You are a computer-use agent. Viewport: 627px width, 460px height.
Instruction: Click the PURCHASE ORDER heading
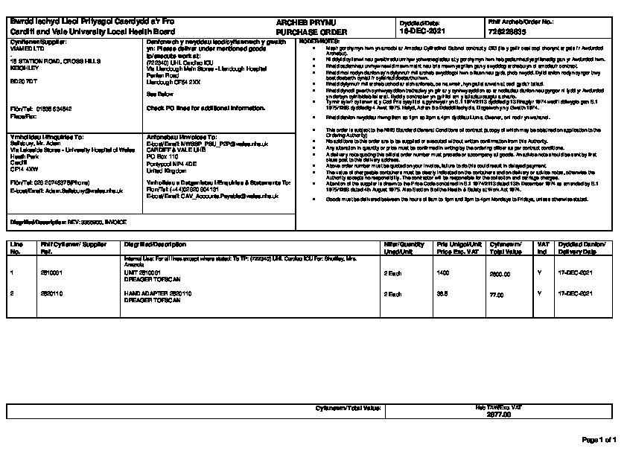click(x=302, y=33)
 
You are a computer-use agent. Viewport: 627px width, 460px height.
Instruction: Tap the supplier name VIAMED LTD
click(x=26, y=50)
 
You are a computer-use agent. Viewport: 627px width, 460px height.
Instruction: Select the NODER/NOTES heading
click(x=319, y=42)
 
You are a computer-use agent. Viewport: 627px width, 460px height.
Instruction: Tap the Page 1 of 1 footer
click(x=599, y=440)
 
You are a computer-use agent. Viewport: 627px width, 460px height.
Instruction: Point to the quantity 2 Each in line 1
click(x=392, y=274)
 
